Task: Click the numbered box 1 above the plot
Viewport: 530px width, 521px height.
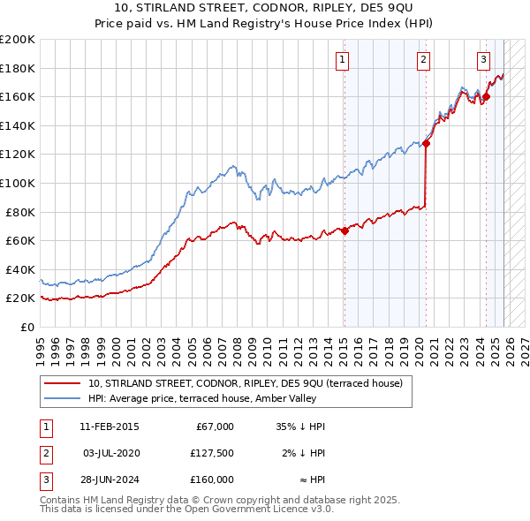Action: click(x=342, y=60)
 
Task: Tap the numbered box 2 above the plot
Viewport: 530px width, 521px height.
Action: click(x=424, y=60)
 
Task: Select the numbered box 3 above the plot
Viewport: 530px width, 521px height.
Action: click(x=484, y=60)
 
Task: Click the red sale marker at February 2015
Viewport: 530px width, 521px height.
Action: click(x=344, y=231)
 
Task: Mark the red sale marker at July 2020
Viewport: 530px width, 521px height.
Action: click(x=426, y=143)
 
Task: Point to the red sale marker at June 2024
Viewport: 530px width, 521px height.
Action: click(x=486, y=97)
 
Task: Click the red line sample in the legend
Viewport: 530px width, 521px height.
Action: click(x=64, y=383)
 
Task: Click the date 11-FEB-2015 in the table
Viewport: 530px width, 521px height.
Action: click(x=109, y=427)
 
